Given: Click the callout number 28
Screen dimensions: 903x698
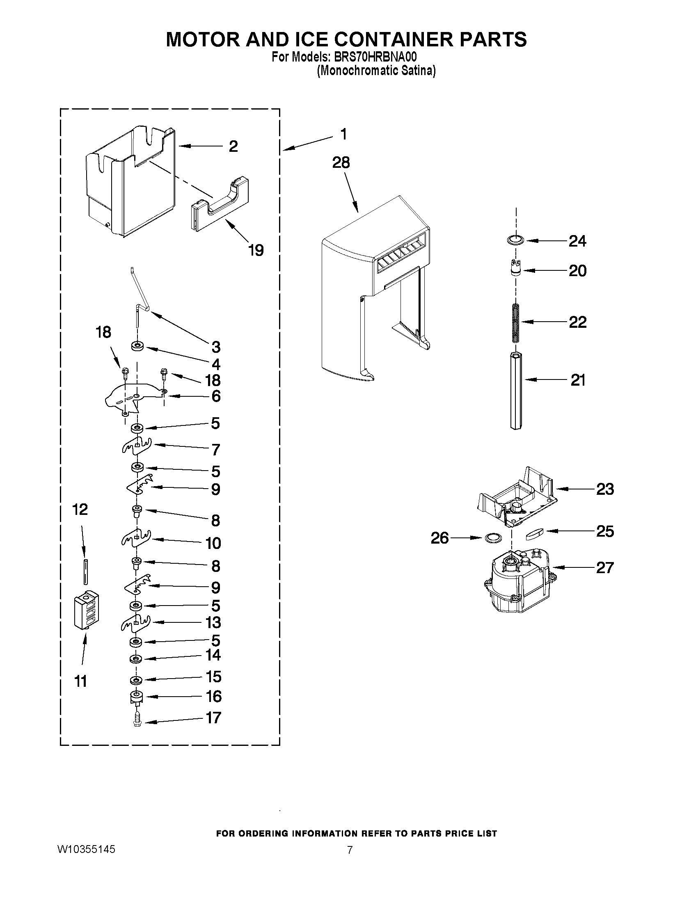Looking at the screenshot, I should click(x=341, y=162).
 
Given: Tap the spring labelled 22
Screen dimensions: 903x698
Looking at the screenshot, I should click(x=515, y=323).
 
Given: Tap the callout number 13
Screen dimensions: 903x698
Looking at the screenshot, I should click(x=213, y=622).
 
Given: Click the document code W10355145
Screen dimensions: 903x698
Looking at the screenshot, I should click(x=86, y=850).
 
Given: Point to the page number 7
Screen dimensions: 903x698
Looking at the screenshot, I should click(x=350, y=850).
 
